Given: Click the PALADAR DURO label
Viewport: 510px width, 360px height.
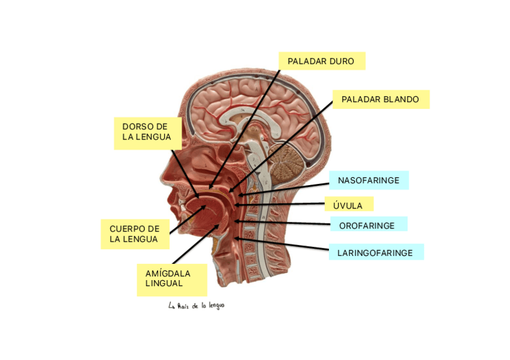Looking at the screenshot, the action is (321, 61).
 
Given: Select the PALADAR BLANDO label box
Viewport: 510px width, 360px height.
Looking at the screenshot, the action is (380, 99).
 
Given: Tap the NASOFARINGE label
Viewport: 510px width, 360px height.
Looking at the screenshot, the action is (368, 180).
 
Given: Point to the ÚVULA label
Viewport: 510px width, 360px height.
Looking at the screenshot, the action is (348, 206).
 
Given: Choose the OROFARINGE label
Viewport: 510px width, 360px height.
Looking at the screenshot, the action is (367, 225).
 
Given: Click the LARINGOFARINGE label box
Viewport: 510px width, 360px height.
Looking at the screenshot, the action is (375, 253).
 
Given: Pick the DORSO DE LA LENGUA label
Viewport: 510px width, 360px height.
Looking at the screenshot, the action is (147, 132).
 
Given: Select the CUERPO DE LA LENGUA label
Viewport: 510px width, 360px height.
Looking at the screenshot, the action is (135, 234).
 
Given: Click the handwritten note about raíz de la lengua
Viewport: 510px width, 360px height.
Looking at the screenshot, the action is (197, 305).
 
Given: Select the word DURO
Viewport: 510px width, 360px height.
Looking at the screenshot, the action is (342, 61).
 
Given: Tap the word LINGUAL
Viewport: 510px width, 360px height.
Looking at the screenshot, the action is (164, 283).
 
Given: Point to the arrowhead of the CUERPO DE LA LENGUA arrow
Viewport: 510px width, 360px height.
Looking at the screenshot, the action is (206, 206).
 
